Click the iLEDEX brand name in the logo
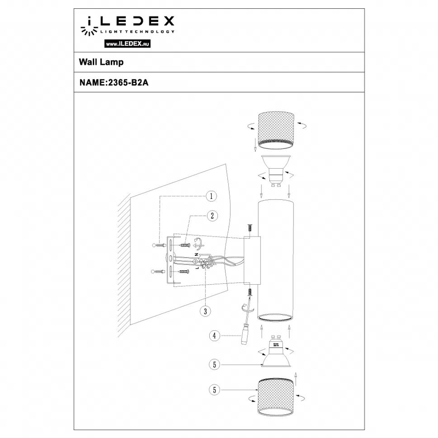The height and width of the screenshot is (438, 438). pos(127,21)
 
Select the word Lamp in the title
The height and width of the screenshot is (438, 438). pos(113,62)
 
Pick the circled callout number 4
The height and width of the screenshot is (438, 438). pos(214,336)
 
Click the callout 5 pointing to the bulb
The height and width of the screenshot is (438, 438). pos(214,364)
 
